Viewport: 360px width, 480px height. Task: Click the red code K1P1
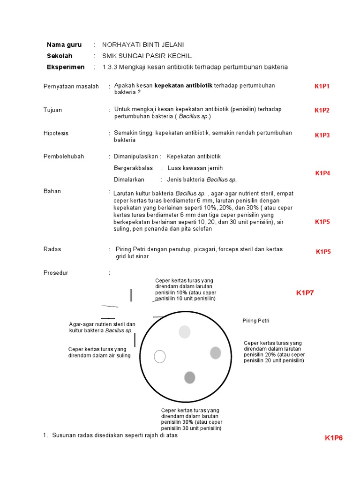322,86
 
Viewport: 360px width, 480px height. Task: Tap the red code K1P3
322,135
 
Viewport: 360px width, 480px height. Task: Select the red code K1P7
305,293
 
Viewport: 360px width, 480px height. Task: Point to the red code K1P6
334,438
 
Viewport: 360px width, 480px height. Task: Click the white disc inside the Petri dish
160,357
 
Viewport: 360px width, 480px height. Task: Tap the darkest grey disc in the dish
190,377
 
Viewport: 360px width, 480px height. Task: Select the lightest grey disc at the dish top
185,332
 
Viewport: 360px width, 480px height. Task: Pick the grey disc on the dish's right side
215,352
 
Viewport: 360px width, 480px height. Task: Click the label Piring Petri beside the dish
255,321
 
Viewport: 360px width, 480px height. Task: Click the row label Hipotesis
56,133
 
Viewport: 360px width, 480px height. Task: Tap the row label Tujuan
52,110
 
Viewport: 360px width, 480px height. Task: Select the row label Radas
52,249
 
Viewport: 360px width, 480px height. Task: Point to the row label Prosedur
55,273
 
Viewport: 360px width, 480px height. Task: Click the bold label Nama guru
64,45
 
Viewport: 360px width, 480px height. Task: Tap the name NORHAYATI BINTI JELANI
143,45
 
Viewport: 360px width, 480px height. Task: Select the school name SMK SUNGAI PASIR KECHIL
147,56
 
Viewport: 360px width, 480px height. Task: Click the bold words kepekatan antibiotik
183,86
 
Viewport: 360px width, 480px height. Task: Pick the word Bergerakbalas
133,168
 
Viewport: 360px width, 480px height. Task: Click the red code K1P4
322,173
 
